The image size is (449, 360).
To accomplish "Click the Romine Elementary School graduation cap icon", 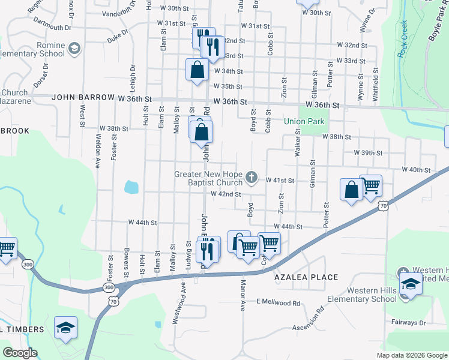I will (74, 48).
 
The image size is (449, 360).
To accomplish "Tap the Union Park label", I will (304, 121).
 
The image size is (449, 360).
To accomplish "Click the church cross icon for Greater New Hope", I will (252, 178).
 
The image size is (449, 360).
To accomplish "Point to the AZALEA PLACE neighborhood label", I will (306, 277).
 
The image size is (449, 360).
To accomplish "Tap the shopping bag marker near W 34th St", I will (197, 70).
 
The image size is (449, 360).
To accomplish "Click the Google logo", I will (20, 352).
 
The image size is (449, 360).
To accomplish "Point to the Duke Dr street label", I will (118, 37).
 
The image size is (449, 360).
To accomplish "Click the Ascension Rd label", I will (308, 322).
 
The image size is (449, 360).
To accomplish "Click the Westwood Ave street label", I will (176, 308).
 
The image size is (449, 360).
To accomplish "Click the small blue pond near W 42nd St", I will (131, 187).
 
